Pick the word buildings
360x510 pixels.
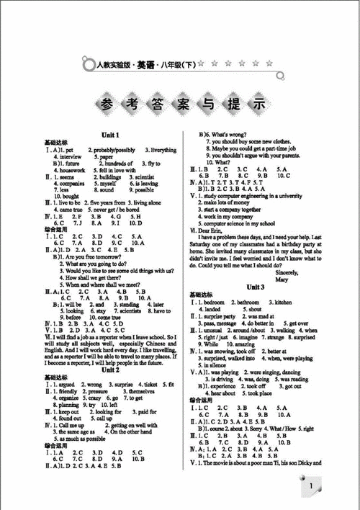pos(112,177)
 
